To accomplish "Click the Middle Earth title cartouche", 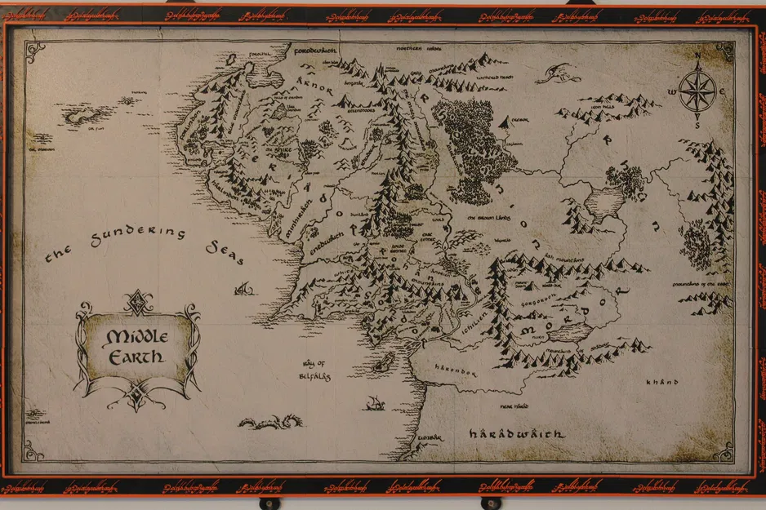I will pos(136,346).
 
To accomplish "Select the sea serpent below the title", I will pos(270,422).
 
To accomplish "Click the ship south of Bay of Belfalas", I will pos(375,403).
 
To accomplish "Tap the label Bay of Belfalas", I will pos(311,370).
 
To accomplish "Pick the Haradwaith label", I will pos(517,435).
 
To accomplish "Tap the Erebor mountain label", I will pos(520,120).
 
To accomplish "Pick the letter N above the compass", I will pos(697,57).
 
